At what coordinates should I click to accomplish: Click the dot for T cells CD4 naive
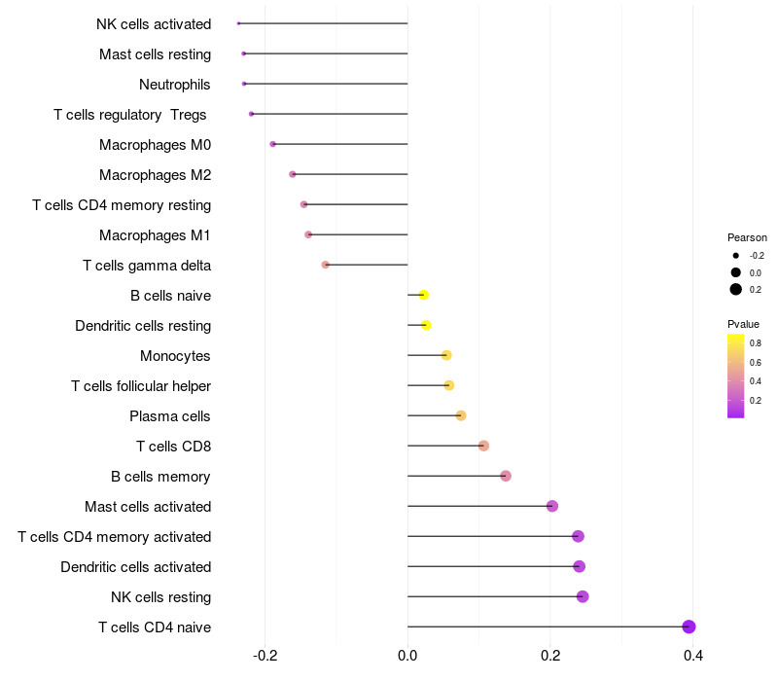pos(689,627)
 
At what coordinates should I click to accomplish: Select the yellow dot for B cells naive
pos(423,295)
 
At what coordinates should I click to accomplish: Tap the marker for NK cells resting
pos(583,596)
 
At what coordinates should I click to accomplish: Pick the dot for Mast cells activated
pos(552,506)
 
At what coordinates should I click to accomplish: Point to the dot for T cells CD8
pos(483,446)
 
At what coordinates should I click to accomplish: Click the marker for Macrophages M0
pos(273,144)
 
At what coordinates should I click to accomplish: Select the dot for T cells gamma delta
pos(326,265)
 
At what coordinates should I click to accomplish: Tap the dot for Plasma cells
pos(461,415)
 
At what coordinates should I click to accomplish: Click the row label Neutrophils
pos(174,85)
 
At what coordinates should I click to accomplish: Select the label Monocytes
pos(175,356)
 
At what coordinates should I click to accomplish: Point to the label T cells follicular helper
pos(141,386)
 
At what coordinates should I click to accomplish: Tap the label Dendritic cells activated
pos(135,567)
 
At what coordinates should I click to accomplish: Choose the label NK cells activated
pos(154,24)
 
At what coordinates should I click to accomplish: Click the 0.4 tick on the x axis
pos(692,657)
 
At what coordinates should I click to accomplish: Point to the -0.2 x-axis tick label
pos(265,657)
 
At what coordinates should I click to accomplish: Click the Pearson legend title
pos(747,237)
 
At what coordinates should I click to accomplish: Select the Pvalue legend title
pos(743,324)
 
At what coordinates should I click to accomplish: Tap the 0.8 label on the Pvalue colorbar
pos(756,343)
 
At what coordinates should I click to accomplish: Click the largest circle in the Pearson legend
pos(736,289)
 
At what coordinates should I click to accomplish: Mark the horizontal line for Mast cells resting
pos(326,54)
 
